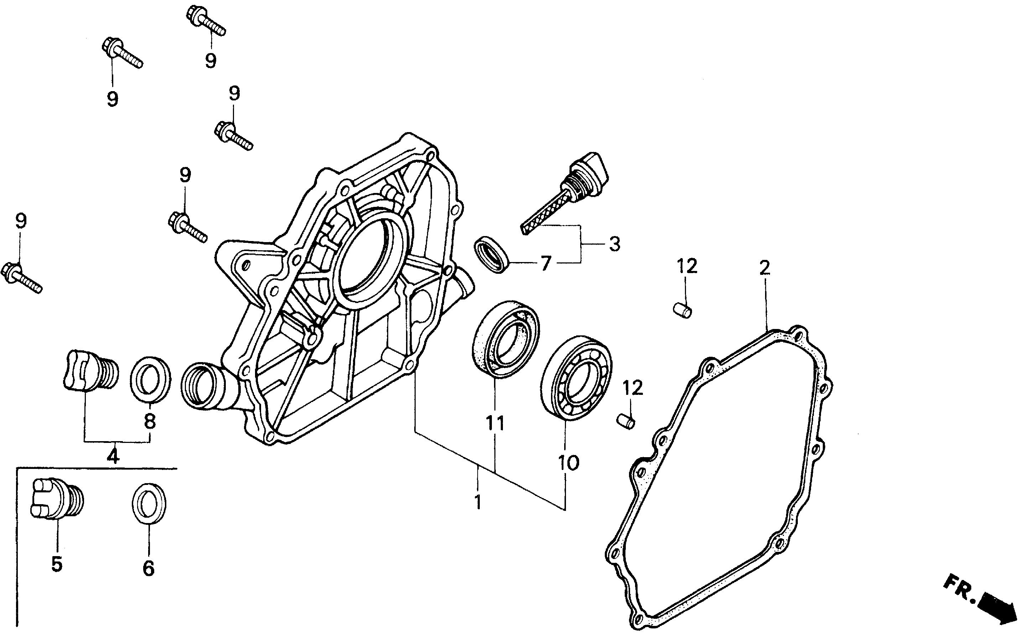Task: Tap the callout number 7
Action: (x=546, y=263)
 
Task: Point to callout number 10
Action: (x=569, y=462)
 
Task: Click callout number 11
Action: (x=495, y=423)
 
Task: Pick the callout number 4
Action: (x=112, y=456)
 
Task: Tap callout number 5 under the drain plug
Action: (x=57, y=564)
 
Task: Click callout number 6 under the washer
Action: (x=148, y=568)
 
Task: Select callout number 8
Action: (x=150, y=421)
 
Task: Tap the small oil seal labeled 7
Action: (x=492, y=254)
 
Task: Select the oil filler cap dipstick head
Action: (x=591, y=173)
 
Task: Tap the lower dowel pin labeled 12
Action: (x=625, y=422)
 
